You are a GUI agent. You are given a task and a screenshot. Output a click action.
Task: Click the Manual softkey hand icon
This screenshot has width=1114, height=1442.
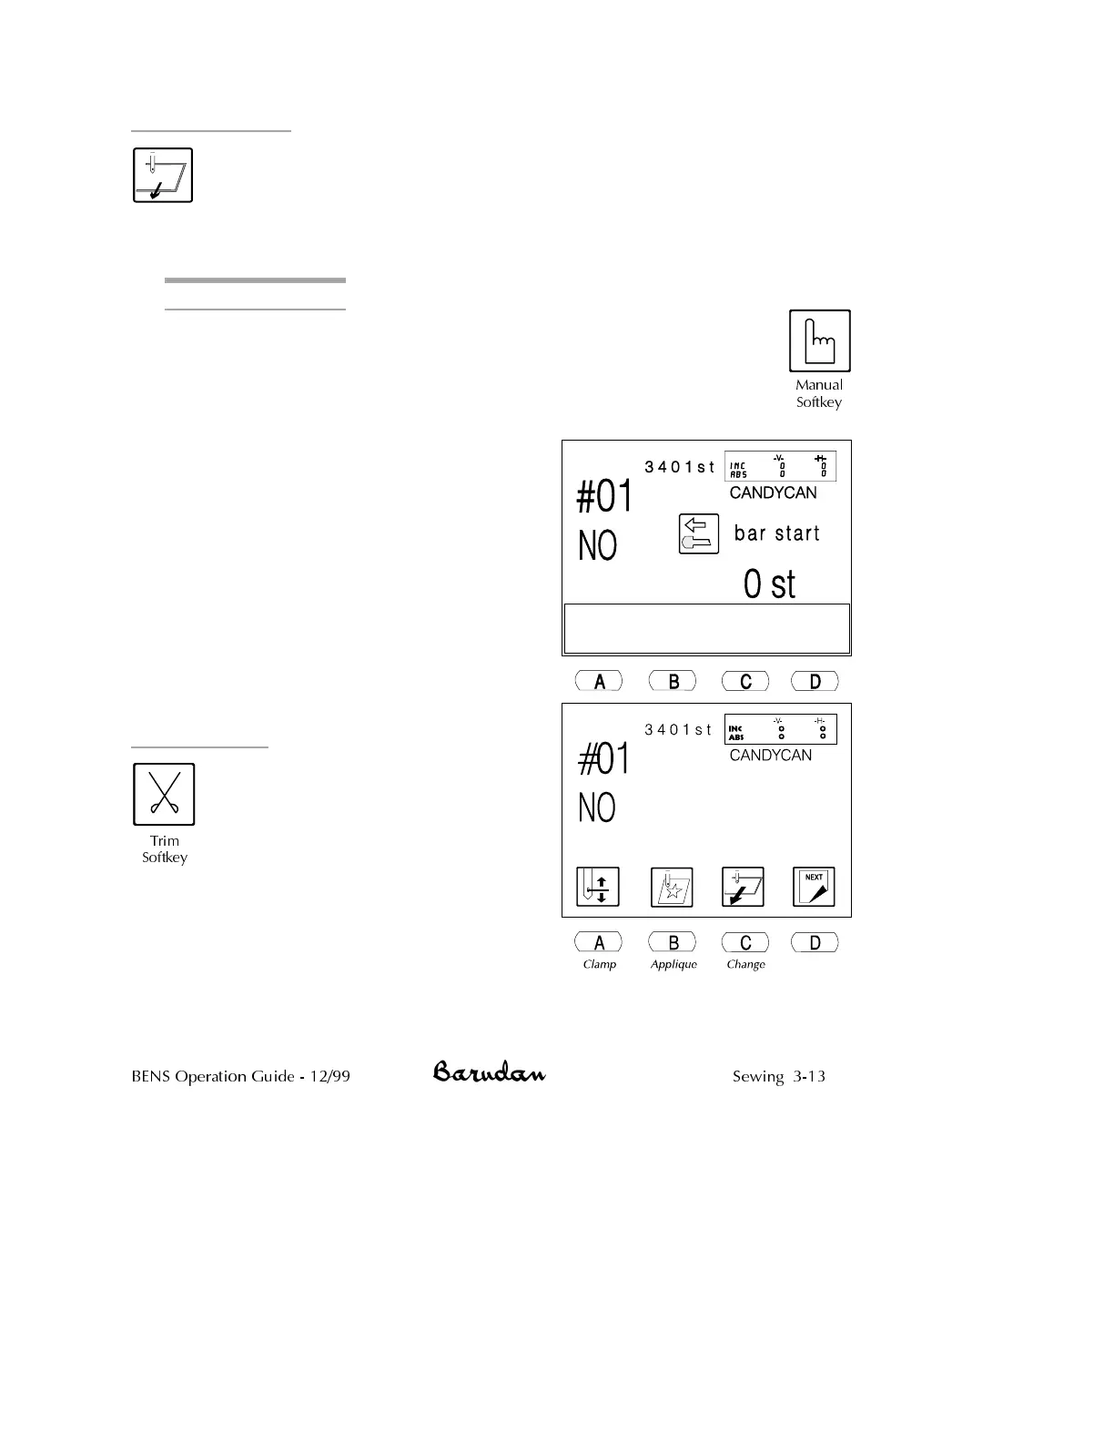819,340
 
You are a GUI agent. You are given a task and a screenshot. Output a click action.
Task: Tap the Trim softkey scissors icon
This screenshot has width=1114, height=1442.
164,794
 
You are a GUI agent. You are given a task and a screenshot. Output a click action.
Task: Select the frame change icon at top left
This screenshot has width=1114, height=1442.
163,175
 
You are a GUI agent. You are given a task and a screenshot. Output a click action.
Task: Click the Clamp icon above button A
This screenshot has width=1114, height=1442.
598,887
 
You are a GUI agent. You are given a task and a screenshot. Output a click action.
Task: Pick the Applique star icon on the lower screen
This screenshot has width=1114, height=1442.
672,887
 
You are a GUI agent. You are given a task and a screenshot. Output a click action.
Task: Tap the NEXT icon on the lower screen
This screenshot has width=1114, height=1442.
814,887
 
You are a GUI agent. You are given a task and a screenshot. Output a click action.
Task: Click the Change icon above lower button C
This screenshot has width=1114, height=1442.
743,887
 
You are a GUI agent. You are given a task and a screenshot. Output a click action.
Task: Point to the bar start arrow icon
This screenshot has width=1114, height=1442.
699,534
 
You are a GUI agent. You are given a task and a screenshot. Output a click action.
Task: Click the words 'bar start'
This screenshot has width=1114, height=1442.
776,533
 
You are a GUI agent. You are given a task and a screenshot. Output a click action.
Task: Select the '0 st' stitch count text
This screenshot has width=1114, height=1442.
769,584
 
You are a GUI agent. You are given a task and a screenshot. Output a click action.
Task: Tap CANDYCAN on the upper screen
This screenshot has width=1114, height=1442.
773,493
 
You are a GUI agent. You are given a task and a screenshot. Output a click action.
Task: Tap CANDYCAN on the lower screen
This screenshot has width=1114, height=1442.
770,755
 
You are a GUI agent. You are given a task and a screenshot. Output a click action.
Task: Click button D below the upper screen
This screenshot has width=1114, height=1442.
815,681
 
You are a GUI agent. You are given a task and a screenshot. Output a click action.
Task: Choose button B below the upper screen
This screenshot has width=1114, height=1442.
673,681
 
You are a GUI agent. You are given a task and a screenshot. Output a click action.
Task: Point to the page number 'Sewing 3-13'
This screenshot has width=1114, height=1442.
778,1076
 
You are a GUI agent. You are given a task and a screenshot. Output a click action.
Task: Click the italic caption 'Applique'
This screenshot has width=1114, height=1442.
673,964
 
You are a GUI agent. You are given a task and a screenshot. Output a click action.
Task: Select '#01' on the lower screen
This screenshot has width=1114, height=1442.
604,759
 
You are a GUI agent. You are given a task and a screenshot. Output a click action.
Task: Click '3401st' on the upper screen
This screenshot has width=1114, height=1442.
679,467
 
